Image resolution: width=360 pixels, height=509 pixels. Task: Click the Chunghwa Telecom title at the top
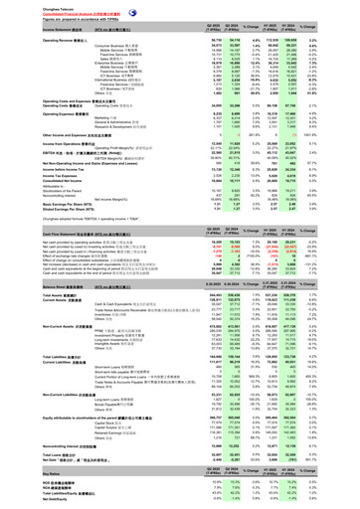(22, 4)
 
